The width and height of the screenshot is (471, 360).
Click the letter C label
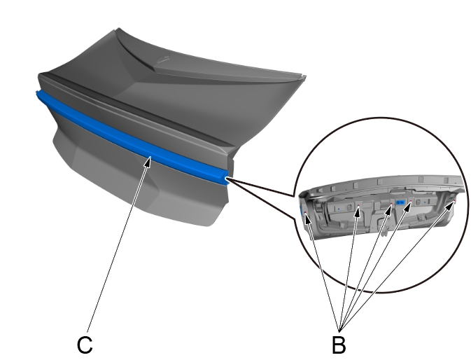tap(85, 345)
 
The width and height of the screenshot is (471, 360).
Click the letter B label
tap(339, 345)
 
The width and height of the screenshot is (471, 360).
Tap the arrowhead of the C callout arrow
tap(148, 161)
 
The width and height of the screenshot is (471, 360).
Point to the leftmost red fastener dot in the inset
tap(305, 212)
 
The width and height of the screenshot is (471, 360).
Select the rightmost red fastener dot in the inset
tap(454, 200)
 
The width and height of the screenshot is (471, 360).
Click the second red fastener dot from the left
tap(358, 206)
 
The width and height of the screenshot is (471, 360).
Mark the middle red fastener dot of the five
tap(392, 204)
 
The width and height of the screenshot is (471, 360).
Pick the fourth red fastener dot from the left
tap(411, 201)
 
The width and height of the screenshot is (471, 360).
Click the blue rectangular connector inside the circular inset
tap(400, 202)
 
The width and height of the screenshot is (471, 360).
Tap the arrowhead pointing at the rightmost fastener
tap(451, 205)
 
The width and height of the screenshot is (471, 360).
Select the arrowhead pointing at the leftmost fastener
tap(307, 219)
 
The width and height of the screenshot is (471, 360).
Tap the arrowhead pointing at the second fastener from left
tap(358, 212)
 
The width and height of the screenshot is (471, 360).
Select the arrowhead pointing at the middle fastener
tap(389, 209)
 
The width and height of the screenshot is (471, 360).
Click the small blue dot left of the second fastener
tap(339, 208)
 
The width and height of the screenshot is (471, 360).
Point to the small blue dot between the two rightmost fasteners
tap(424, 202)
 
